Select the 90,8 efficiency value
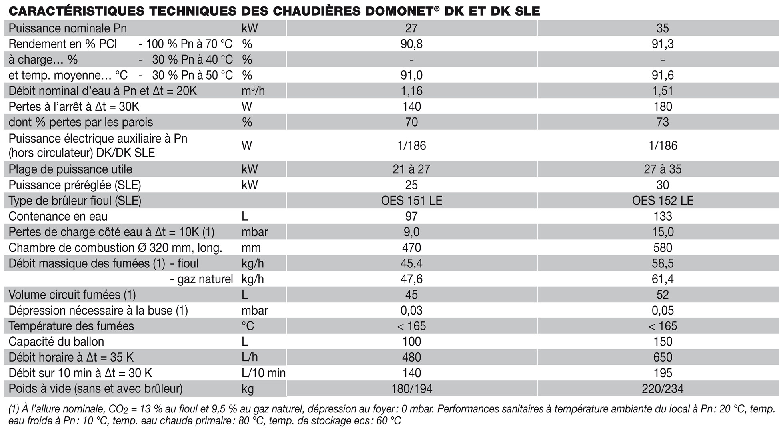[411, 44]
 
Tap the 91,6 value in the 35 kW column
[663, 75]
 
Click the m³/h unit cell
[253, 91]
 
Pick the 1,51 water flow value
[663, 91]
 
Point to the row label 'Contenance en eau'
[58, 216]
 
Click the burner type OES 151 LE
[411, 201]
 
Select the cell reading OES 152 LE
[663, 201]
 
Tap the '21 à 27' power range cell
[411, 169]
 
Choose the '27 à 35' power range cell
[663, 169]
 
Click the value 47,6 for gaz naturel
[411, 279]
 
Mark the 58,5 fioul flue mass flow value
[663, 263]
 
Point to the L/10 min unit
[264, 373]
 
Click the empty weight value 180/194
[411, 388]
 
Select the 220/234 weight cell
[663, 388]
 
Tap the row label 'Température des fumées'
[71, 326]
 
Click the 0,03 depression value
[411, 311]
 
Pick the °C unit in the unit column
[248, 326]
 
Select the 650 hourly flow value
[663, 357]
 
